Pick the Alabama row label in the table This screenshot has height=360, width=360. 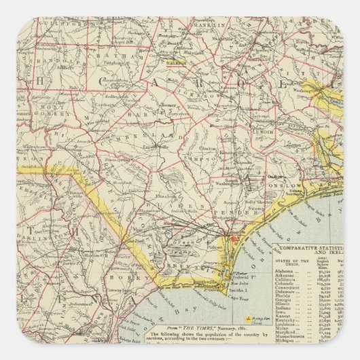coord(286,270)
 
